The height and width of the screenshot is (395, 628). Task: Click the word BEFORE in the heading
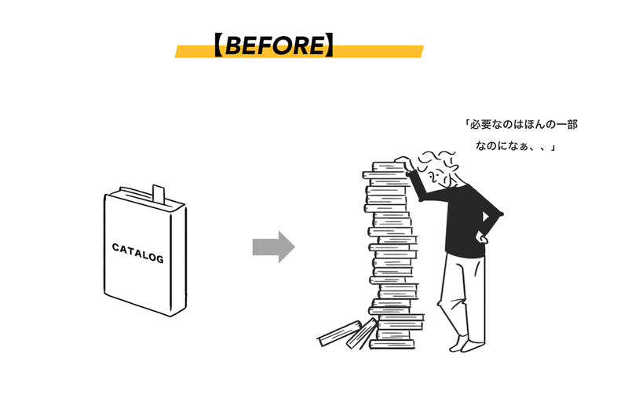(276, 46)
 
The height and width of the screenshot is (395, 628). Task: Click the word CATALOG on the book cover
(138, 253)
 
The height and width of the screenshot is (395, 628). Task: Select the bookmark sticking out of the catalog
(159, 193)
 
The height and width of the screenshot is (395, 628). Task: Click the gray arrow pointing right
(274, 247)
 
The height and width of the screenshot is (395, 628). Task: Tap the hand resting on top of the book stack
(403, 163)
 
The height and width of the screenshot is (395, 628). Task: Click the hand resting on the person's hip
(481, 238)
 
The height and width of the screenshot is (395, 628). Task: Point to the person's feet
(467, 344)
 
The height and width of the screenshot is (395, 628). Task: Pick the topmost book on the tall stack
(389, 166)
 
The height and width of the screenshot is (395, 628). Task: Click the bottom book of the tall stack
(392, 344)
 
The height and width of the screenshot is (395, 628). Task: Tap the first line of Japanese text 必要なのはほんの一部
(522, 125)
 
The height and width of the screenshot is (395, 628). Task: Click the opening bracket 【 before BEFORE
(218, 46)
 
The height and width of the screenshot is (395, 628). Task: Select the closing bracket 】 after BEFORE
(329, 46)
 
